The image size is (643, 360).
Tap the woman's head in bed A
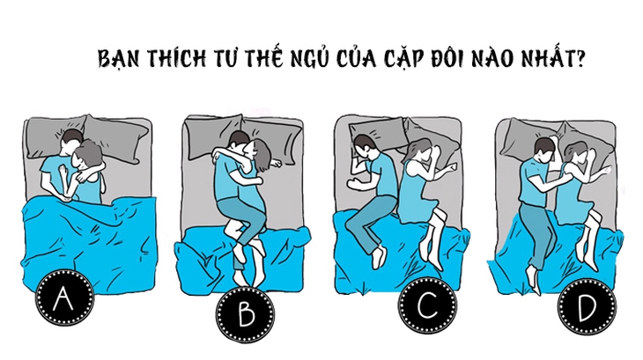(89, 159)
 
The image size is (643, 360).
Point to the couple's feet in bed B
(247, 255)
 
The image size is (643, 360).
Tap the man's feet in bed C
(376, 255)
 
